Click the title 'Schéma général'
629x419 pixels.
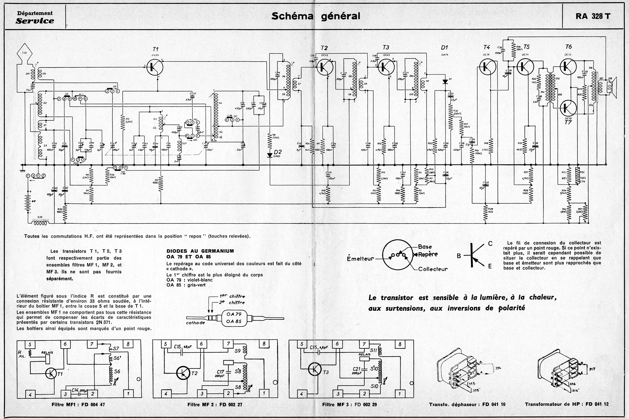coord(316,16)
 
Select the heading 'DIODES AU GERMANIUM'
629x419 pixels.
coord(200,251)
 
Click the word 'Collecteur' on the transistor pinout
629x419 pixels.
coord(433,269)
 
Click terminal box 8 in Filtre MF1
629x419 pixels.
coord(128,344)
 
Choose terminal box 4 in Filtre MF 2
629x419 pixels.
coord(166,394)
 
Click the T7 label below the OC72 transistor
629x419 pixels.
coord(568,122)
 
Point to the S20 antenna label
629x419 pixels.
coord(24,53)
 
